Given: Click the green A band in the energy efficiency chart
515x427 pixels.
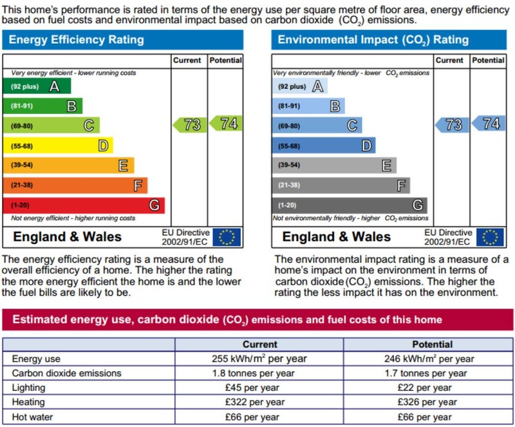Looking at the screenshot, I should (x=37, y=86).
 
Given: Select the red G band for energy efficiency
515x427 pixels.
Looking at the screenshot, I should (x=84, y=205).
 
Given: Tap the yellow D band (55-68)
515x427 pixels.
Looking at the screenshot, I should (x=58, y=146).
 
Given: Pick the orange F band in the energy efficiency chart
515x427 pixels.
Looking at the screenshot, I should (x=75, y=185).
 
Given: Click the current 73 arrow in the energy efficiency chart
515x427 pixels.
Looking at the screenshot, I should (x=190, y=124).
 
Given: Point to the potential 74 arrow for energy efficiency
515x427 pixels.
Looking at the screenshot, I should (x=226, y=124).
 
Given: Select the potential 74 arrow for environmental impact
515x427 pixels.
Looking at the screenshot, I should (x=489, y=124).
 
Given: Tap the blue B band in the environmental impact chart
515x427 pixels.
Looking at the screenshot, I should (x=308, y=106).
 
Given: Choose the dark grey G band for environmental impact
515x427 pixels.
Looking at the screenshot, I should (x=349, y=205).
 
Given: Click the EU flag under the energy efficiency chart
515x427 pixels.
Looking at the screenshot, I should (x=227, y=237).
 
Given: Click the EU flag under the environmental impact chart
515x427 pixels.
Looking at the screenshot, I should (x=490, y=237).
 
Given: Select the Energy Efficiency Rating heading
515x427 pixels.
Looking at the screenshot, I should (x=77, y=40).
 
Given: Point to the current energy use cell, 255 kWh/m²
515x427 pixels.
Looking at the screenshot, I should (x=259, y=359).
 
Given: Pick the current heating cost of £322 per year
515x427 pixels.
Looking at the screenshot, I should (x=259, y=403).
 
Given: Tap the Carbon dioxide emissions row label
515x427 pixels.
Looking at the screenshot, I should (x=66, y=373).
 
